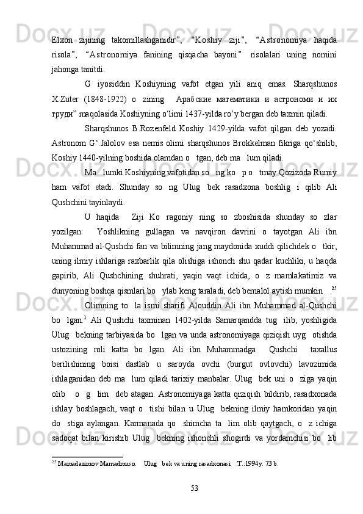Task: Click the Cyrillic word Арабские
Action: pyautogui.click(x=200, y=100)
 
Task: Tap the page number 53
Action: pyautogui.click(x=195, y=489)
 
